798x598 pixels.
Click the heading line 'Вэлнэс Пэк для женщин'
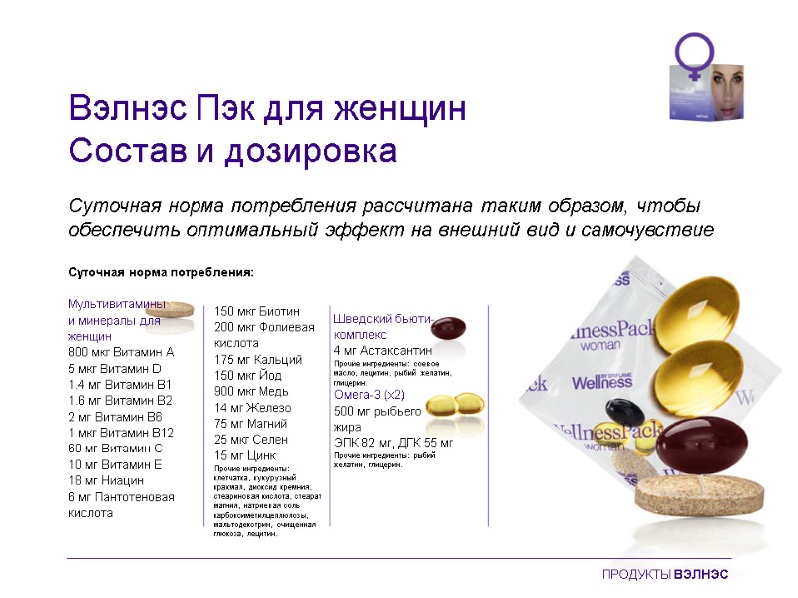(x=266, y=109)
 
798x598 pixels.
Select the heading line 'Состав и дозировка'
(x=232, y=152)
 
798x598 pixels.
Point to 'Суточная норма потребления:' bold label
(x=161, y=272)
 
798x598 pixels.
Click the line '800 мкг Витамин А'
(x=121, y=352)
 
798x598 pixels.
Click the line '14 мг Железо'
(x=253, y=407)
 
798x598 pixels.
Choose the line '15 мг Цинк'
(x=245, y=454)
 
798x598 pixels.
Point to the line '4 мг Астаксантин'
(x=383, y=351)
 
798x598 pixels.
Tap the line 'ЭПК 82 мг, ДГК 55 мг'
(x=393, y=442)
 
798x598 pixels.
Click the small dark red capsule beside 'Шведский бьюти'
(x=448, y=328)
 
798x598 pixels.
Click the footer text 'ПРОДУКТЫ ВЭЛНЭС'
(x=665, y=575)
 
